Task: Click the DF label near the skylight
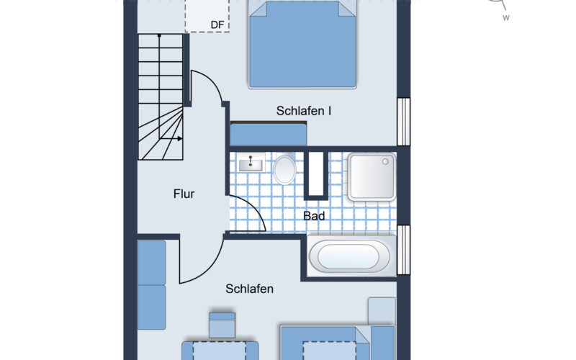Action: pyautogui.click(x=217, y=25)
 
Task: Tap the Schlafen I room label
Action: pyautogui.click(x=304, y=111)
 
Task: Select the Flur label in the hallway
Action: pyautogui.click(x=184, y=194)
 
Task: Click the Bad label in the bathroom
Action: pyautogui.click(x=314, y=216)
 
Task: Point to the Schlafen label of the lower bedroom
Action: pyautogui.click(x=249, y=289)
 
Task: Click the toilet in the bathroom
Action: pyautogui.click(x=284, y=169)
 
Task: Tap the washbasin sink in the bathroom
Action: pyautogui.click(x=251, y=163)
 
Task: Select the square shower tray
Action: pyautogui.click(x=372, y=177)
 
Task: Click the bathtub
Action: pyautogui.click(x=348, y=256)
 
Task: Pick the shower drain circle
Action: pyautogui.click(x=385, y=161)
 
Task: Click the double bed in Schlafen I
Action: pyautogui.click(x=302, y=45)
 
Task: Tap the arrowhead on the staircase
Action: pyautogui.click(x=179, y=138)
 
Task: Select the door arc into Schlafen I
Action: pyautogui.click(x=210, y=81)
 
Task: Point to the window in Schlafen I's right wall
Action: pyautogui.click(x=403, y=122)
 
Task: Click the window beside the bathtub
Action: pyautogui.click(x=403, y=250)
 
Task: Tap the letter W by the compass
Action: pyautogui.click(x=506, y=17)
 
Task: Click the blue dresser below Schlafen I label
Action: pyautogui.click(x=269, y=135)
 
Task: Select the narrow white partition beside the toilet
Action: pyautogui.click(x=316, y=174)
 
